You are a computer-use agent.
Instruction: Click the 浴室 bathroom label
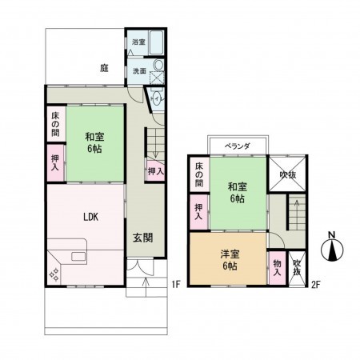[x=138, y=42]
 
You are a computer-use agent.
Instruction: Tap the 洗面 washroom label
[x=138, y=70]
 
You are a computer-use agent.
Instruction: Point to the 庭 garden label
[x=104, y=69]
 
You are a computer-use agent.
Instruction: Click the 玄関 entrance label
[x=144, y=237]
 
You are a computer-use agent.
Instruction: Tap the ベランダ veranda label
[x=237, y=146]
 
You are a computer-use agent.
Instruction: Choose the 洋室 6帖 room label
[x=229, y=260]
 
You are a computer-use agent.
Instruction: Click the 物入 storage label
[x=276, y=266]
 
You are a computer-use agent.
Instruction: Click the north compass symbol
[x=331, y=250]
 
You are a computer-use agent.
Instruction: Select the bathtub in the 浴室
[x=157, y=43]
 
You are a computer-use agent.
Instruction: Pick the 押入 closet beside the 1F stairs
[x=156, y=170]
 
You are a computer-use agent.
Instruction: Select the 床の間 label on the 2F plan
[x=199, y=174]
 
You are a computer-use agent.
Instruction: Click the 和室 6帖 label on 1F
[x=94, y=142]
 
